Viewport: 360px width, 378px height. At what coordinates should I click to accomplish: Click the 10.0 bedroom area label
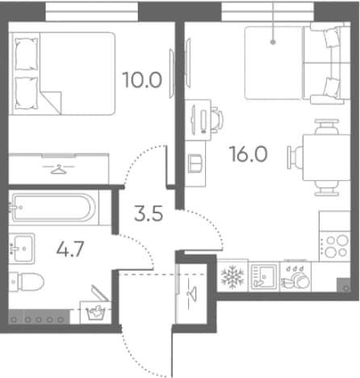tap(142, 80)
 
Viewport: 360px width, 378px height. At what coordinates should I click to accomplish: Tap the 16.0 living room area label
tap(249, 154)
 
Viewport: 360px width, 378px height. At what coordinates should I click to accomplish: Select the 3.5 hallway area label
tap(149, 213)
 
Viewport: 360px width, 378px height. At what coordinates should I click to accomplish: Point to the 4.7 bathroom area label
tap(70, 249)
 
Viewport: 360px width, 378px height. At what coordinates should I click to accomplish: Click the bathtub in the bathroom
tap(53, 208)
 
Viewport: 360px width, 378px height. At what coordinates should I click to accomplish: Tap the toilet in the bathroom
tap(27, 282)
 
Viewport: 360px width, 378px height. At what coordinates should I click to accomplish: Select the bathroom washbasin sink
tap(22, 249)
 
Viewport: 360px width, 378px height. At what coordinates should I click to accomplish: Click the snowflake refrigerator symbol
tap(232, 276)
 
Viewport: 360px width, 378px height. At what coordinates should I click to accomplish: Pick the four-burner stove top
tap(335, 246)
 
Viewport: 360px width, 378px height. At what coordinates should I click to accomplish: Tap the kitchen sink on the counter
tap(264, 276)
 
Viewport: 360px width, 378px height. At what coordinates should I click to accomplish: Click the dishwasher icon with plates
tap(295, 278)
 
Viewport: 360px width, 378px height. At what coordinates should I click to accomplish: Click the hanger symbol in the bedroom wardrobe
tap(59, 169)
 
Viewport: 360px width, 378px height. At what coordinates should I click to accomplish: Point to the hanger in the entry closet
tap(192, 294)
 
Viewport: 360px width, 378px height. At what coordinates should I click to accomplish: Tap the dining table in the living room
tap(326, 157)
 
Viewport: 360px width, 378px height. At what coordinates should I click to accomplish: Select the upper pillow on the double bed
tap(27, 54)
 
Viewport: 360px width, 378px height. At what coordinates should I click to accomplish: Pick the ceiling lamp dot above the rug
tap(273, 42)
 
